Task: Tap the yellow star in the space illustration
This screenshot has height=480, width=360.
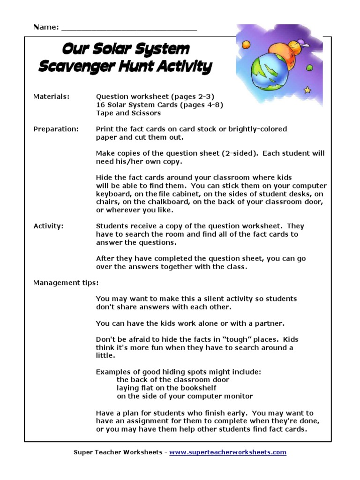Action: click(307, 89)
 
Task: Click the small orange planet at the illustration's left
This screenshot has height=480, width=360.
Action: click(245, 45)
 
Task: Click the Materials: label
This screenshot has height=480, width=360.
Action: click(51, 97)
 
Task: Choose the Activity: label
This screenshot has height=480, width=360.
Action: click(48, 226)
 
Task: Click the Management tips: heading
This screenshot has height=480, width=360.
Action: click(66, 283)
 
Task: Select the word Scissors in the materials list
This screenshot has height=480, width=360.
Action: click(145, 113)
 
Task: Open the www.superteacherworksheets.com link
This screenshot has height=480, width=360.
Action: click(227, 452)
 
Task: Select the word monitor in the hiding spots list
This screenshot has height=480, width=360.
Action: click(238, 396)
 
